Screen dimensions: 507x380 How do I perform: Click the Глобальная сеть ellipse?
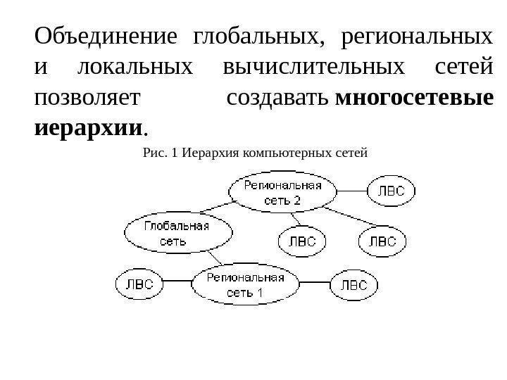point(178,233)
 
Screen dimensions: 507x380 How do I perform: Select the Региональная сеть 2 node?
point(282,192)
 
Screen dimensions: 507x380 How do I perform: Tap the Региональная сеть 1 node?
point(246,284)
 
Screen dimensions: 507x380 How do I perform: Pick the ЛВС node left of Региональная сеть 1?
point(138,284)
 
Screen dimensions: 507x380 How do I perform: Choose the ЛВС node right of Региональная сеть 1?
point(354,284)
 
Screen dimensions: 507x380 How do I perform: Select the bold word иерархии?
point(88,129)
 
